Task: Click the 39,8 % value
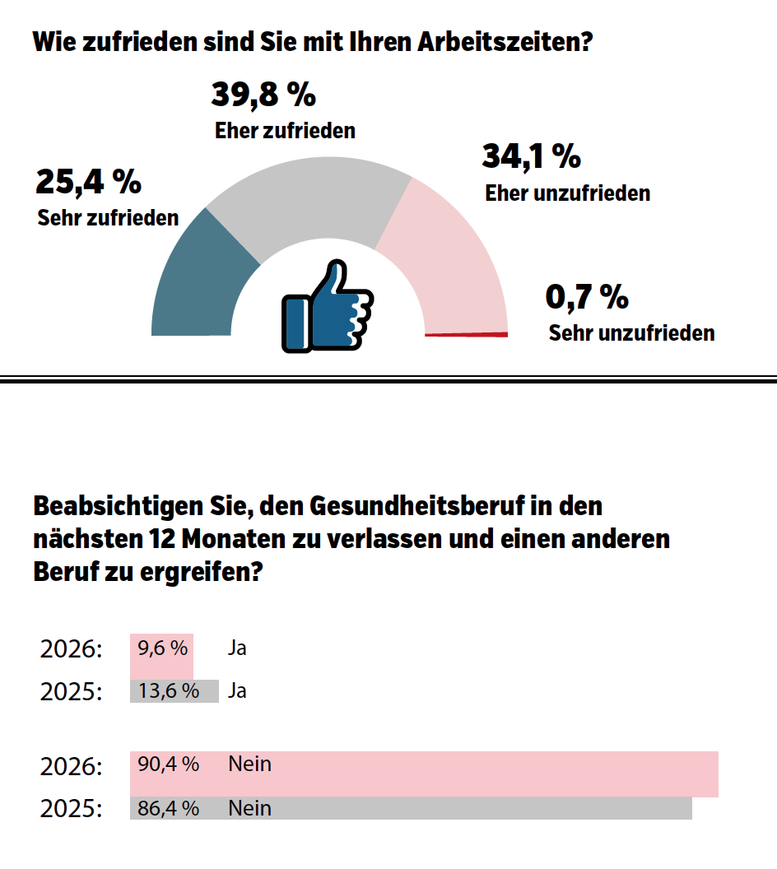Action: (x=263, y=95)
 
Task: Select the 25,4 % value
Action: (x=88, y=182)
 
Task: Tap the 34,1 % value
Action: (x=532, y=156)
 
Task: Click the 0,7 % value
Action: (x=587, y=297)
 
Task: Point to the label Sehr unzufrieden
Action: (x=631, y=333)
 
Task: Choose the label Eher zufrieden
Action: (x=285, y=131)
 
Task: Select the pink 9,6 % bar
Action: (x=161, y=656)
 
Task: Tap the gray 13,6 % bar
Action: (x=174, y=691)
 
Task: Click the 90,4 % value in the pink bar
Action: (x=169, y=764)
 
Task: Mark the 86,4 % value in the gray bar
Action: (x=169, y=808)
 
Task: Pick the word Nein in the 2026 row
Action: (x=249, y=764)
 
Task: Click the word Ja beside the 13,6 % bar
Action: (x=237, y=691)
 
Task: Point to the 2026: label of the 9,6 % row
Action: (x=71, y=649)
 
